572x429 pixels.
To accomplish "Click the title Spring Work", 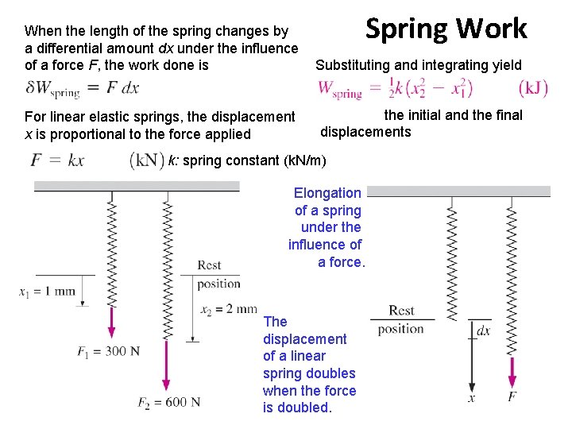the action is point(446,29).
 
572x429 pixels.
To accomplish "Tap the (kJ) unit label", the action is point(532,87).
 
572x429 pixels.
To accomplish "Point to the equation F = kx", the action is point(57,160).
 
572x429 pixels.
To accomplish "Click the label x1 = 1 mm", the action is point(47,291).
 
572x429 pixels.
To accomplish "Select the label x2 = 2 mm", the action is point(228,309).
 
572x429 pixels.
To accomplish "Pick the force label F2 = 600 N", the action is point(168,403).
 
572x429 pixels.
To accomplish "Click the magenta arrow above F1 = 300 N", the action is point(111,323).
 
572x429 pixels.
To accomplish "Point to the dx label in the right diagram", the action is point(483,330).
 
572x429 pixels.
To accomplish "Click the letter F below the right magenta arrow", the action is point(512,396).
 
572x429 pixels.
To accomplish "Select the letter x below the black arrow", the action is point(471,397).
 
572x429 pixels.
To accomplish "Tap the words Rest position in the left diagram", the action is point(218,274).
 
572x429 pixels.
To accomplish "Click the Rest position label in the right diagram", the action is point(401,319).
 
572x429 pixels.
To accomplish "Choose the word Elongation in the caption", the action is point(327,193).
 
